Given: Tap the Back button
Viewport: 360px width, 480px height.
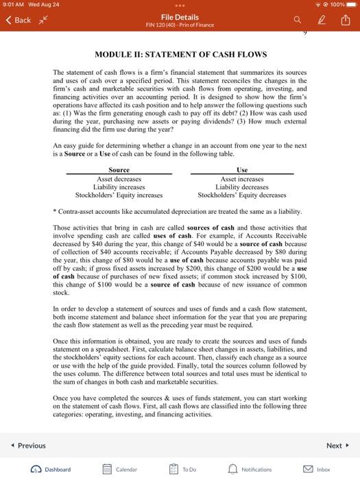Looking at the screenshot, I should click(19, 20).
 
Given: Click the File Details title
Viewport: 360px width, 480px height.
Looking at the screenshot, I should click(180, 16).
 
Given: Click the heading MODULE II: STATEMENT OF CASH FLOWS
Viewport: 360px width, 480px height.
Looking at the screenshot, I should click(180, 54).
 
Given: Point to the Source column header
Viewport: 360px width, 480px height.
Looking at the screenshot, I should click(119, 169).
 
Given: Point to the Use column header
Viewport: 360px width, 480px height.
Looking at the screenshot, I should click(242, 169).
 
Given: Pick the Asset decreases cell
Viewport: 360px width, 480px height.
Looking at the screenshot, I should click(119, 178).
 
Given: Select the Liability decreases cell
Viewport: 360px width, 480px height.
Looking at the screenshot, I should click(242, 187).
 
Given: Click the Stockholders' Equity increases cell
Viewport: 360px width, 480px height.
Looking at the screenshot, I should click(119, 195).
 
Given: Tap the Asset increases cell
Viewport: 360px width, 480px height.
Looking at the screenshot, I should click(242, 178).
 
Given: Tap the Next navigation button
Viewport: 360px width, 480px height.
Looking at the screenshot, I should click(336, 446).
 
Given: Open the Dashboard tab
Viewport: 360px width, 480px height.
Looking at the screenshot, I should click(52, 470).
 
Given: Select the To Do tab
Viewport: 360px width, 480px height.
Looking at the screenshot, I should click(183, 470).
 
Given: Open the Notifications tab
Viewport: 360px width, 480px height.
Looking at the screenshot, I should click(250, 470).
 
